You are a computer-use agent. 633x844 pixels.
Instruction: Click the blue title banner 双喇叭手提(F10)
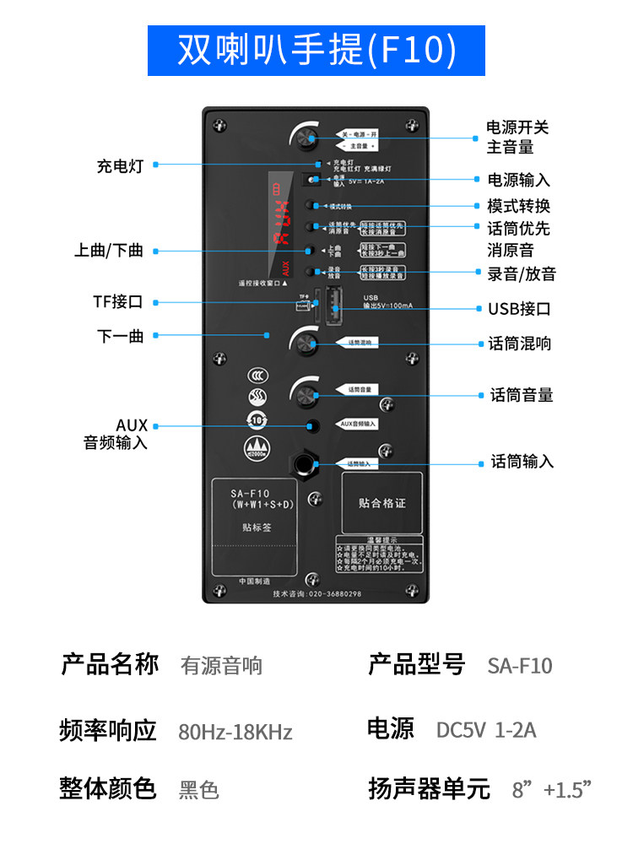coord(316,51)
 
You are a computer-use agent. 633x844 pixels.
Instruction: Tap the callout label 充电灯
coord(120,166)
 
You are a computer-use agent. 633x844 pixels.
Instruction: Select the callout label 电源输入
coord(518,180)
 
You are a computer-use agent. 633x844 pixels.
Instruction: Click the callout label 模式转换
coord(518,206)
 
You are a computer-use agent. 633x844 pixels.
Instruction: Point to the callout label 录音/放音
coord(521,273)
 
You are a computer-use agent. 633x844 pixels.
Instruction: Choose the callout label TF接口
coord(118,302)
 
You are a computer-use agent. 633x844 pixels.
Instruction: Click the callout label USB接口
coord(518,309)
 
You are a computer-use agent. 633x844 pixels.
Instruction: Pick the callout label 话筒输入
coord(522,462)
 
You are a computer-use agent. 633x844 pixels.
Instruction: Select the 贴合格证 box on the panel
coord(381,502)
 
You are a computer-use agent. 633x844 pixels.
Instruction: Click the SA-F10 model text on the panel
coord(250,494)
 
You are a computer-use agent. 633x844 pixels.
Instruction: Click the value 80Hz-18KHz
coord(235,732)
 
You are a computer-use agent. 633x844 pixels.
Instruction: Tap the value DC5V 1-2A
coord(486,730)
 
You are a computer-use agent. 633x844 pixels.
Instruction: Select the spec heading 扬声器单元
coord(429,789)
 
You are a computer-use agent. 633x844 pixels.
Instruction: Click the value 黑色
coord(199,791)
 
